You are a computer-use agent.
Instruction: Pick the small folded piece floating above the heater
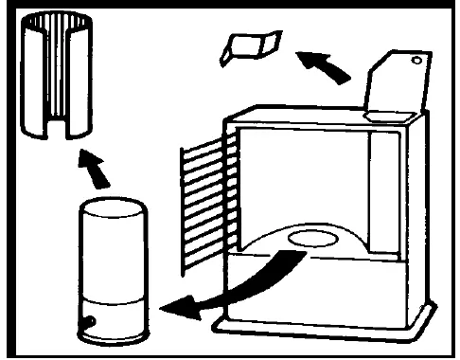(248, 47)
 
